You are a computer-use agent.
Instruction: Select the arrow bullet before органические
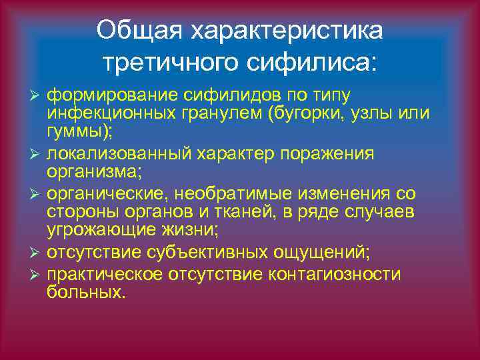pos(38,195)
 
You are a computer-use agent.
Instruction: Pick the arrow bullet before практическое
pos(38,275)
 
